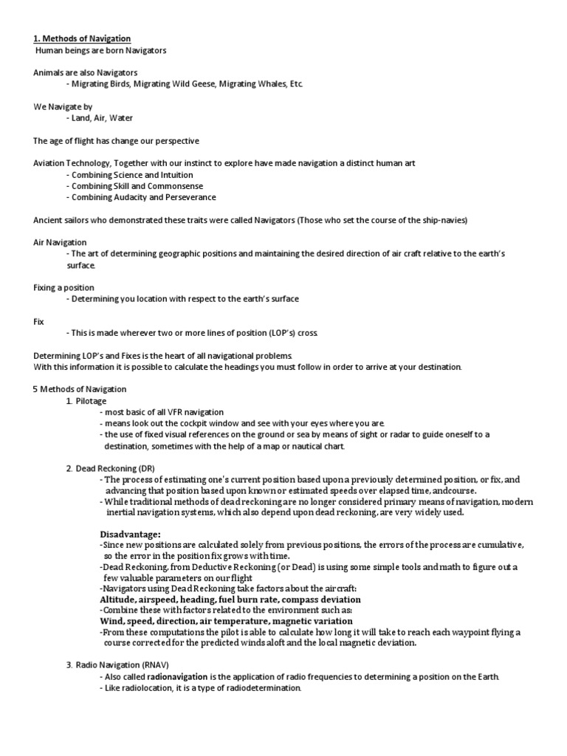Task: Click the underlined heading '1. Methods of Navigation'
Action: [x=82, y=38]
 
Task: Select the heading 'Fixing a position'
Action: [x=63, y=287]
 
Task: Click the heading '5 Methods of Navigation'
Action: [x=80, y=389]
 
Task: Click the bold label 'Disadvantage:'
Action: [x=130, y=534]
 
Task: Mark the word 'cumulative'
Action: [x=498, y=544]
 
